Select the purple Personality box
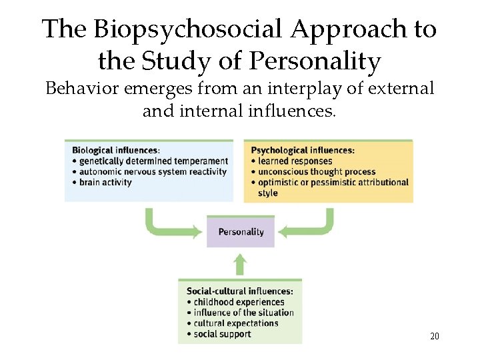tap(241, 232)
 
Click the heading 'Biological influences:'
tap(116, 150)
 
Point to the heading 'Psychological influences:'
tap(302, 150)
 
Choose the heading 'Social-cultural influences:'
tap(239, 291)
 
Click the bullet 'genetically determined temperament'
tap(153, 161)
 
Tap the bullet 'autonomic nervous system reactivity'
tap(153, 171)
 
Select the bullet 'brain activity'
tap(106, 182)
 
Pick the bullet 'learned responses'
tap(295, 161)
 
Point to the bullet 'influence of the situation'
tap(243, 312)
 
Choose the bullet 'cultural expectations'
tap(235, 323)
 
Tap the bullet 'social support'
tap(222, 333)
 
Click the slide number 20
tap(434, 336)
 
